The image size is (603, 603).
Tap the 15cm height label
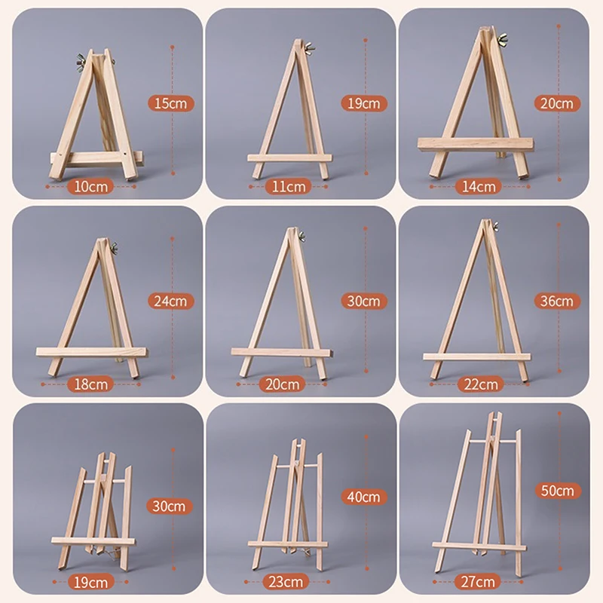click(x=170, y=103)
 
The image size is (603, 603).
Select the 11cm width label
click(x=286, y=186)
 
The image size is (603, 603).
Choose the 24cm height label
click(x=170, y=301)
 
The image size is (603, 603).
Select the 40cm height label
click(x=364, y=497)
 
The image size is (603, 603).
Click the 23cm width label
click(x=286, y=581)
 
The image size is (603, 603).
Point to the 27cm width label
click(x=479, y=581)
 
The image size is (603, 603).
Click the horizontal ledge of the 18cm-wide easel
click(x=90, y=353)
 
